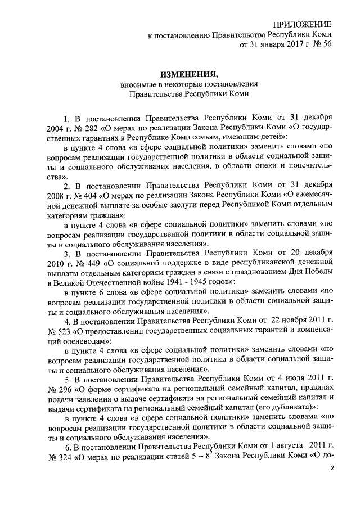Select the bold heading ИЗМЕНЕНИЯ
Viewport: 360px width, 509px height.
pyautogui.click(x=188, y=74)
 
